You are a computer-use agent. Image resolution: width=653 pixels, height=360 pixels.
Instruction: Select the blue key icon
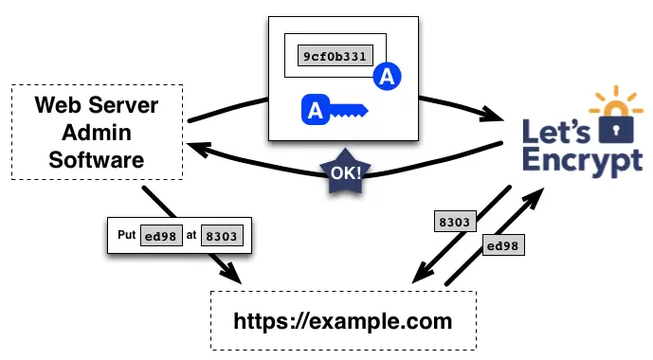[333, 112]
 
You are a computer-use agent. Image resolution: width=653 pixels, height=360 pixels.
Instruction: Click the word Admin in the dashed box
[97, 132]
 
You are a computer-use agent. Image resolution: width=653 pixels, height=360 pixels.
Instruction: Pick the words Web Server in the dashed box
[97, 104]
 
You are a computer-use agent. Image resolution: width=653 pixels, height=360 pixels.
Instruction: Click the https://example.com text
[342, 321]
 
